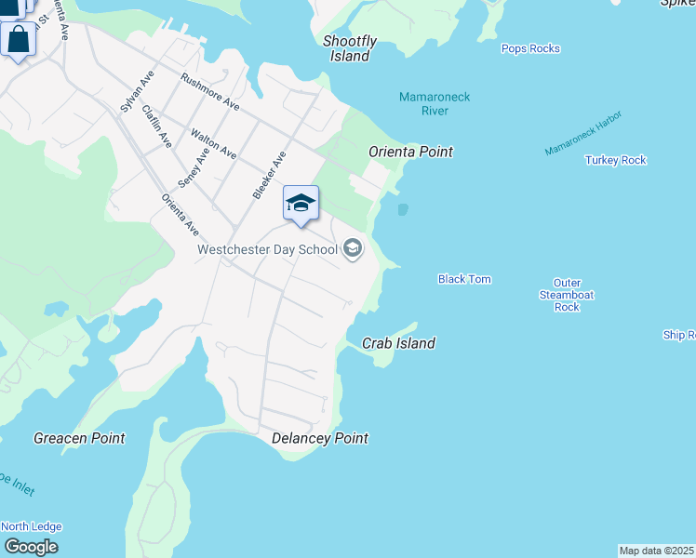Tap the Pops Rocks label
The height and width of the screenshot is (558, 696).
[530, 48]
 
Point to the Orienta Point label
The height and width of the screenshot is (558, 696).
[410, 152]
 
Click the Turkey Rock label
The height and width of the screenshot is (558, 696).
[615, 160]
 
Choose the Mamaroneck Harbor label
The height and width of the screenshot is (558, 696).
[583, 133]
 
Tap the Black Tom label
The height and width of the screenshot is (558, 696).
[464, 279]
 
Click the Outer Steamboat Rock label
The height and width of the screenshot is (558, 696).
[567, 295]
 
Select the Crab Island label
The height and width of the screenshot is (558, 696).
[398, 343]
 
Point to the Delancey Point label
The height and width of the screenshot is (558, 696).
[319, 438]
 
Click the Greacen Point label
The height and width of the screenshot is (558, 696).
[79, 438]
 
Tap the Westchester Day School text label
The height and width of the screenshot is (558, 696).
[267, 249]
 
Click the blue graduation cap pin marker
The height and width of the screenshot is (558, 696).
[301, 204]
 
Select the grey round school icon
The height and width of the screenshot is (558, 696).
[353, 248]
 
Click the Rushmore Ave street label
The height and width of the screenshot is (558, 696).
[209, 92]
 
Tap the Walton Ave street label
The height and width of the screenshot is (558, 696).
[211, 148]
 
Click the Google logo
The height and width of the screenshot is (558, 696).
[31, 546]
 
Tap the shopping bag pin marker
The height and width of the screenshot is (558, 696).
[18, 40]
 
